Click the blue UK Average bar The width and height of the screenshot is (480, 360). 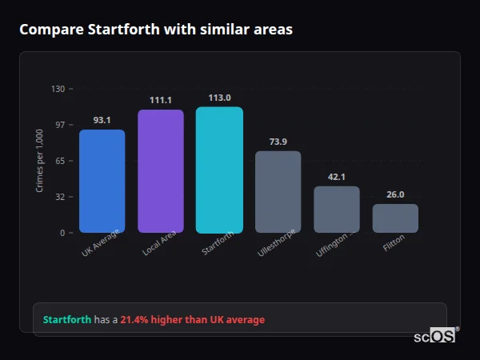point(102,181)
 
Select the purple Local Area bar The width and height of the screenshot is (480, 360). point(161,171)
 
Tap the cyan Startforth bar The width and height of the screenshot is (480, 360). point(219,170)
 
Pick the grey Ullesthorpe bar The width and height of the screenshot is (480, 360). point(278,192)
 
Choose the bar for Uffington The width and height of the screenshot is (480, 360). point(337,210)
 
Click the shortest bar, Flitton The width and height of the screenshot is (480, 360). point(395,218)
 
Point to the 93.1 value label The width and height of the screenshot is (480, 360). point(102,120)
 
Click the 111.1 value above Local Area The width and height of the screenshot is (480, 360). point(161,100)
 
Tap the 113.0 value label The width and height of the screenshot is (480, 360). point(219,98)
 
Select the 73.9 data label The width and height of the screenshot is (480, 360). point(278,142)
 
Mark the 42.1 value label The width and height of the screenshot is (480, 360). point(337,177)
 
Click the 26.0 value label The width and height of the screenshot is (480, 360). point(395,194)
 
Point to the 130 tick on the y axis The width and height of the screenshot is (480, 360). point(58,89)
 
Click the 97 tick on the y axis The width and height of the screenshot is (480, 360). point(59,125)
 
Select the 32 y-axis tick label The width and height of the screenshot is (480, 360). point(59,197)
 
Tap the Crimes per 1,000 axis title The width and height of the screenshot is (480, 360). point(40,160)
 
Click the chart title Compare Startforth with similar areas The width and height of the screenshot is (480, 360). point(156,30)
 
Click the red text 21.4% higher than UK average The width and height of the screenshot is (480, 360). point(192,320)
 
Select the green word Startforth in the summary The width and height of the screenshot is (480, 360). point(67,320)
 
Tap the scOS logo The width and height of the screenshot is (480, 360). point(435,337)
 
